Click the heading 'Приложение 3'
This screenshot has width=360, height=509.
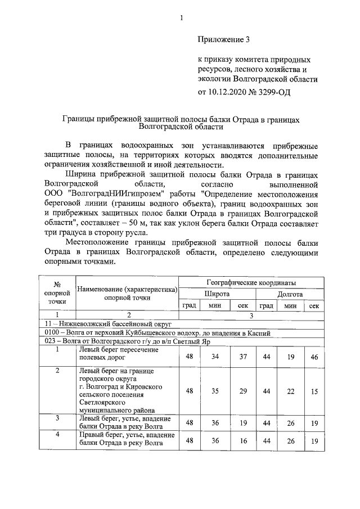[x=223, y=39]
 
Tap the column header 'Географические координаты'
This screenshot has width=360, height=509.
[x=251, y=282]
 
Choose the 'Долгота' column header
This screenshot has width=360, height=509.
[x=290, y=294]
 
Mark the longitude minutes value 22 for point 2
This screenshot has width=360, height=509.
[x=290, y=391]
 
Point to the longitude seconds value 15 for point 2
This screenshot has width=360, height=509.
[x=314, y=391]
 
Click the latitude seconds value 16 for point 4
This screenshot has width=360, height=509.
[x=243, y=441]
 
